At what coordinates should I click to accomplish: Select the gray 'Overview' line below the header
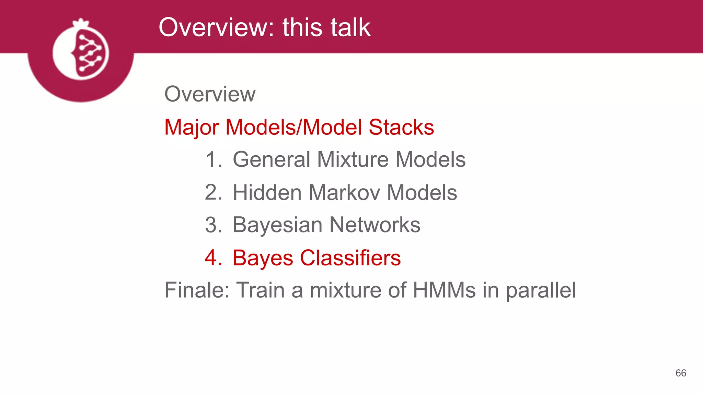click(210, 94)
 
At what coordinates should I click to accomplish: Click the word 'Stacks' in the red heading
click(401, 127)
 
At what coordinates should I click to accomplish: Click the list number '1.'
click(214, 160)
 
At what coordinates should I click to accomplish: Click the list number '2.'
click(214, 193)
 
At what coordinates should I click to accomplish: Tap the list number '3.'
click(214, 225)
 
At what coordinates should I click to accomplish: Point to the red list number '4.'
click(214, 258)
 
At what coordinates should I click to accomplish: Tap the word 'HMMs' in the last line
click(444, 290)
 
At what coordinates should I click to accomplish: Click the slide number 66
click(681, 373)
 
